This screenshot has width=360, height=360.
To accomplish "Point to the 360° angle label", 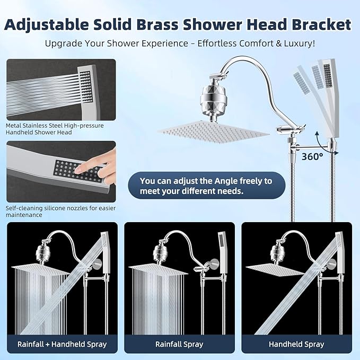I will pos(313,156).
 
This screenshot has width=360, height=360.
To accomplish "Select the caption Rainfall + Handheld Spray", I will pos(63,344).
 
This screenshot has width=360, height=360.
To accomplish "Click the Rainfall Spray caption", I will pos(179,344).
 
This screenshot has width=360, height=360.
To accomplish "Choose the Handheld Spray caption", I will pos(296,344).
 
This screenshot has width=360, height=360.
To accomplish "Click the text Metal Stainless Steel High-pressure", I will pos(55,126).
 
